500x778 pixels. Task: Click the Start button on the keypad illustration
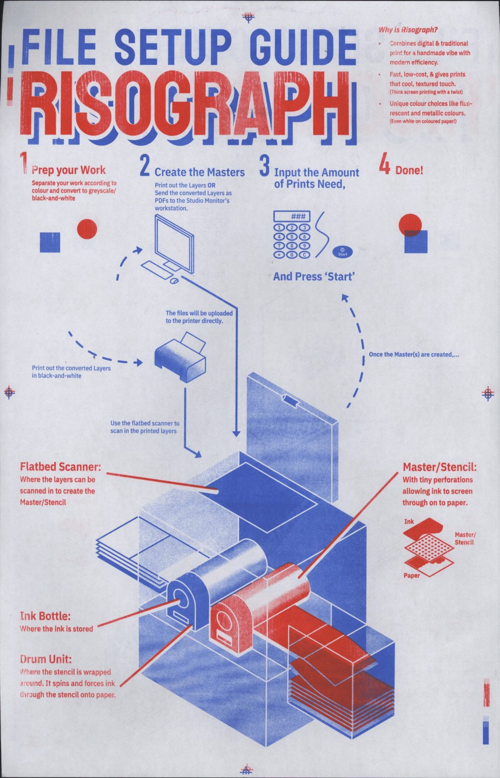[x=342, y=252]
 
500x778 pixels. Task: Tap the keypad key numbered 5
[x=292, y=237]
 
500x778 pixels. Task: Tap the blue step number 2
[x=145, y=165]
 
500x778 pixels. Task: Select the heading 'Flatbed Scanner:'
[x=61, y=467]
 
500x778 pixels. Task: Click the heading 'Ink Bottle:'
[x=45, y=616]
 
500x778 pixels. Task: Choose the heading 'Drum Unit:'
[x=46, y=659]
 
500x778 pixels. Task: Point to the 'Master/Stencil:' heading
[x=439, y=467]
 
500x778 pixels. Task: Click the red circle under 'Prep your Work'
[x=87, y=229]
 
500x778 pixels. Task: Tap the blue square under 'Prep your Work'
[x=50, y=242]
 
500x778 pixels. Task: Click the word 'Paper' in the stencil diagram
[x=412, y=576]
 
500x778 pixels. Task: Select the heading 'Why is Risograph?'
[x=408, y=30]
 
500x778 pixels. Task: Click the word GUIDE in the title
[x=303, y=47]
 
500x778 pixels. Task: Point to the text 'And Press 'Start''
[x=314, y=277]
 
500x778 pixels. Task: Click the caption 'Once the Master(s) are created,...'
[x=414, y=355]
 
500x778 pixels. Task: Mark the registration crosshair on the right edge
[x=487, y=393]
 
